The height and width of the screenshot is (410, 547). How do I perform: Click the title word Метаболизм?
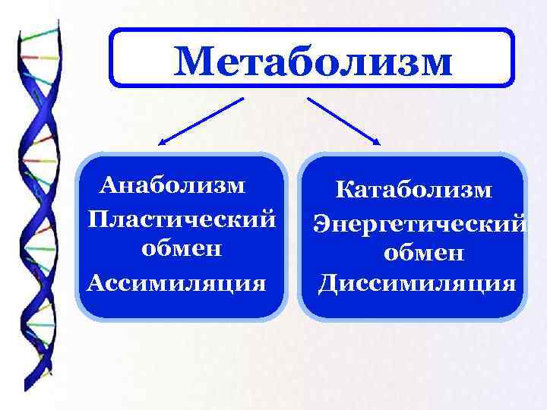(312, 60)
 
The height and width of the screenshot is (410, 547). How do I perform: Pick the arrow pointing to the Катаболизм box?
(344, 120)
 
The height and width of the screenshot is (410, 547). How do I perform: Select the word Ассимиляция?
(177, 282)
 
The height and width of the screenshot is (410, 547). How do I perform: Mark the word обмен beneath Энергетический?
(423, 254)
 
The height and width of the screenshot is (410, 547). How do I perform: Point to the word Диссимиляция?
(417, 283)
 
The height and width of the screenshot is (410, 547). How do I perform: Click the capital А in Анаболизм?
(111, 186)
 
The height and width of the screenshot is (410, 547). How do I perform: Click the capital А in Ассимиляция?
(96, 282)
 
